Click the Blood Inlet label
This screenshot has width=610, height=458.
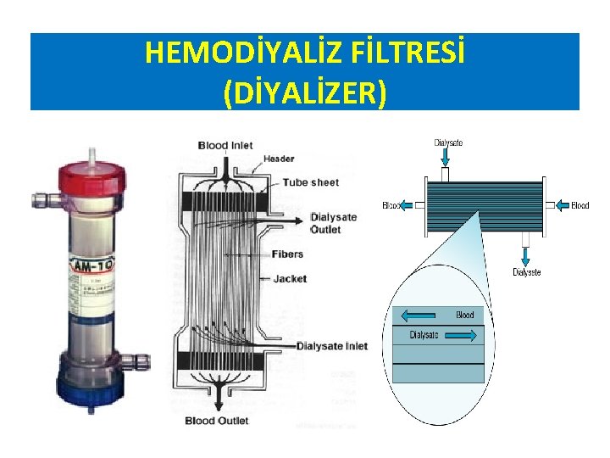coord(225,145)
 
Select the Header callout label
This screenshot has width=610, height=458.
coord(279,159)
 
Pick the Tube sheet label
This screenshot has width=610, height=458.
coord(310,182)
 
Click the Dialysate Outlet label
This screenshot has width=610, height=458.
coord(334,223)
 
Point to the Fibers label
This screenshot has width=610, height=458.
coord(288,254)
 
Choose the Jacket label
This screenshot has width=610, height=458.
coord(290,278)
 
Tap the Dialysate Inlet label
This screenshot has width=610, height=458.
coord(332,346)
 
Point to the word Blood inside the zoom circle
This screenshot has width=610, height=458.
coord(465,315)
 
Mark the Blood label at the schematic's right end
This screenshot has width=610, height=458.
coord(579,205)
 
